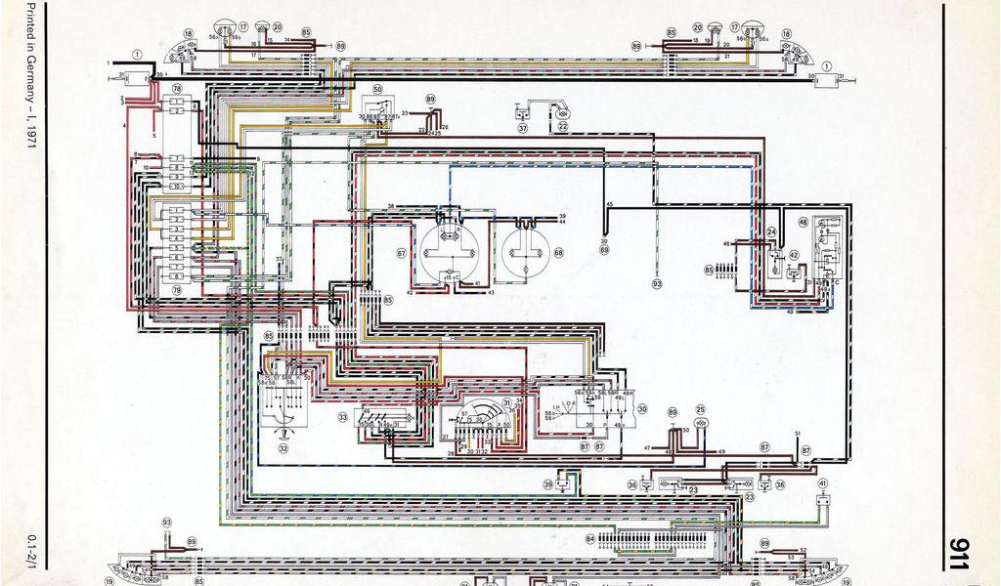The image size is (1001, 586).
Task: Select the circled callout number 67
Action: pyautogui.click(x=401, y=253)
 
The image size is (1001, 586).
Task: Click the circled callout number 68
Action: pyautogui.click(x=558, y=253)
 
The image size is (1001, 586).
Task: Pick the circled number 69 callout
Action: pyautogui.click(x=603, y=251)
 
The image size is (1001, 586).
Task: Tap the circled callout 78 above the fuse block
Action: pyautogui.click(x=177, y=89)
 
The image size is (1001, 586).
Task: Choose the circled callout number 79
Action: pyautogui.click(x=177, y=290)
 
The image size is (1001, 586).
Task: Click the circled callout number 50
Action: pyautogui.click(x=377, y=89)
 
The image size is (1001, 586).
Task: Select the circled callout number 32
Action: pyautogui.click(x=283, y=449)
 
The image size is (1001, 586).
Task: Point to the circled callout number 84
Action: pyautogui.click(x=590, y=538)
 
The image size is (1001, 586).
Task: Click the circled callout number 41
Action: pyautogui.click(x=823, y=483)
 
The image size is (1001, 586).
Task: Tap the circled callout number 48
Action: pyautogui.click(x=804, y=222)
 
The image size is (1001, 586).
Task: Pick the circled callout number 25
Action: pyautogui.click(x=700, y=410)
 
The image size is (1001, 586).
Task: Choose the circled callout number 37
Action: pyautogui.click(x=523, y=127)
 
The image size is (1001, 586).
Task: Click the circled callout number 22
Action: pyautogui.click(x=563, y=126)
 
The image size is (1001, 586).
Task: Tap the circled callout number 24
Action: pyautogui.click(x=771, y=232)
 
